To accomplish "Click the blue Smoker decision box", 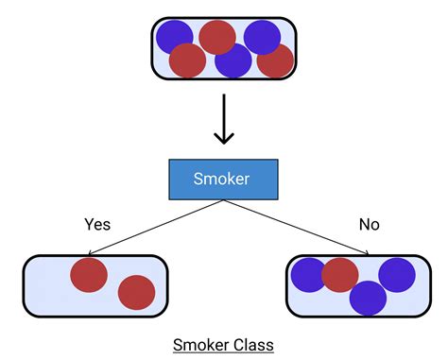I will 223,179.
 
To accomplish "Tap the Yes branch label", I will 97,225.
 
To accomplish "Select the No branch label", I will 369,225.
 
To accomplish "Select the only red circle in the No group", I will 340,275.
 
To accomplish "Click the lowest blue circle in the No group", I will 368,298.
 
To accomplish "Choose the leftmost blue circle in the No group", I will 308,275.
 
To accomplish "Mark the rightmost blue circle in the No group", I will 397,274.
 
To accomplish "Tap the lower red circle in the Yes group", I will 136,292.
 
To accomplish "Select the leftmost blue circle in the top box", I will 174,37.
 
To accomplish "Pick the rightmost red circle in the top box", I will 275,60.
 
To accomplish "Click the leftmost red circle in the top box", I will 187,60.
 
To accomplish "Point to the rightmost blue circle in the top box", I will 262,37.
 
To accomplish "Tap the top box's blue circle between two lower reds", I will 233,60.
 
